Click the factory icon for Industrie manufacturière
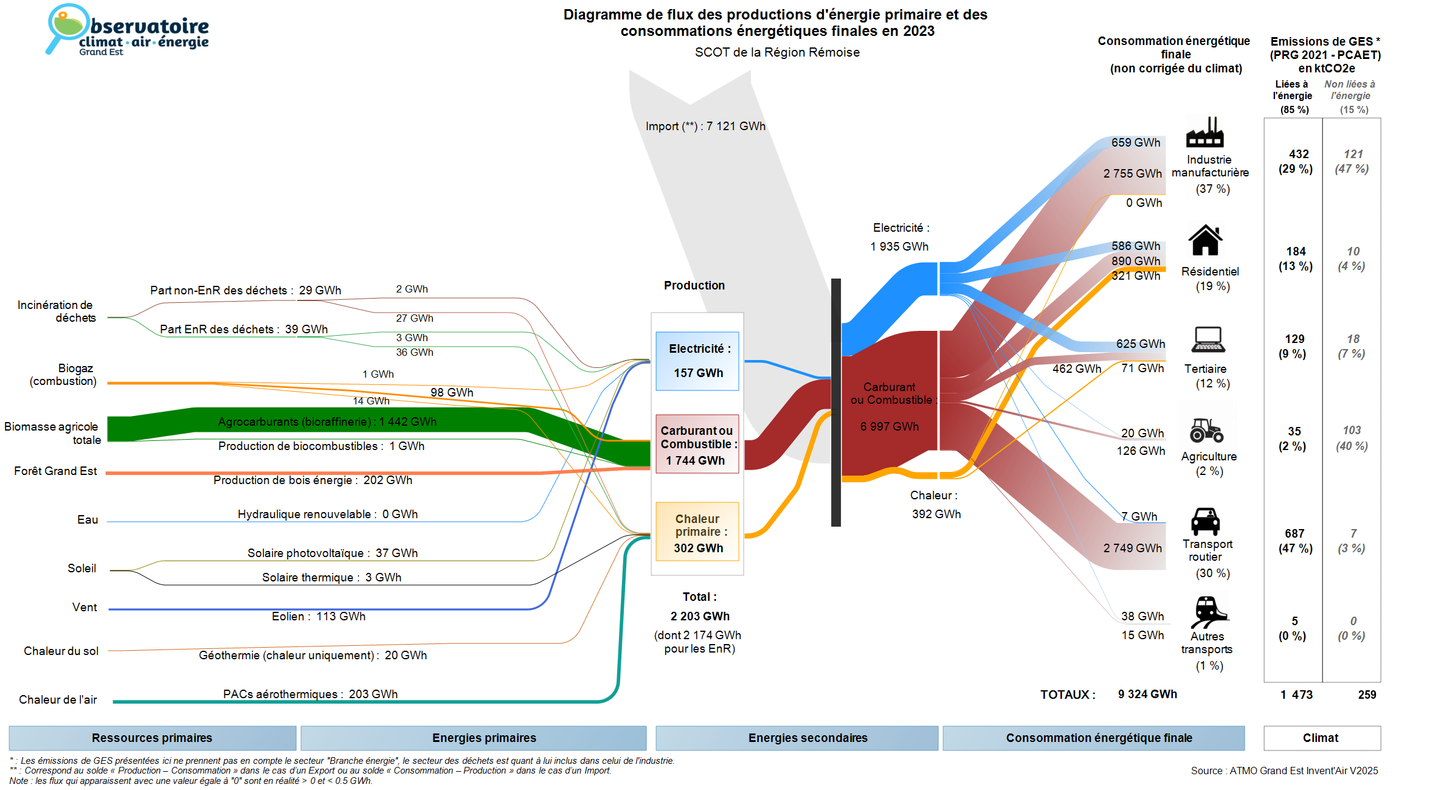pos(1204,133)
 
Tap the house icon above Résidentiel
pos(1205,240)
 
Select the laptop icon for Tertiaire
pos(1208,339)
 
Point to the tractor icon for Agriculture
pos(1206,430)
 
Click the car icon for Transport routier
pos(1205,521)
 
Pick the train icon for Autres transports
pos(1208,611)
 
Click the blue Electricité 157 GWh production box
pos(697,361)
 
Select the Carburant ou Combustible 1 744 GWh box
pos(697,445)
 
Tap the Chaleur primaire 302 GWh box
pos(697,532)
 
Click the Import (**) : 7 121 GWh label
pos(705,126)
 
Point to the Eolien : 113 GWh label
pos(319,616)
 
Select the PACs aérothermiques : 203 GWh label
pos(310,694)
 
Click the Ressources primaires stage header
pos(152,738)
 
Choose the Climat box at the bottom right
pos(1321,738)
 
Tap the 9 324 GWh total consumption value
pos(1147,694)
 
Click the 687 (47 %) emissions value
pos(1295,541)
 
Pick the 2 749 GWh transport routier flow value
pos(1132,548)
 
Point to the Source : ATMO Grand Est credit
pos(1284,771)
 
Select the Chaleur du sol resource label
pos(61,651)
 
